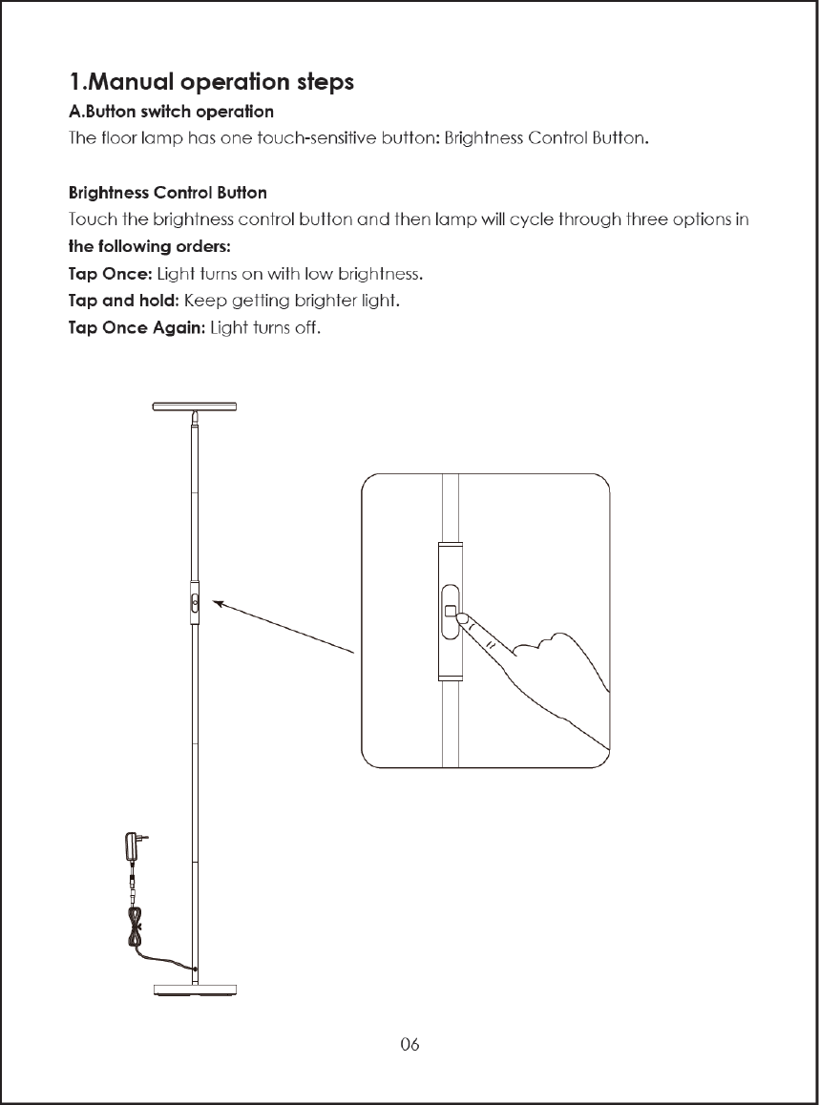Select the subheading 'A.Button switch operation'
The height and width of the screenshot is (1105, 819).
coord(172,114)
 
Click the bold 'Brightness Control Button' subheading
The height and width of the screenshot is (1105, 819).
coord(168,194)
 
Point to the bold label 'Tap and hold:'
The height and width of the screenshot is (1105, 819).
coord(124,302)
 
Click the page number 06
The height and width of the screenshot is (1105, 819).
coord(409,1044)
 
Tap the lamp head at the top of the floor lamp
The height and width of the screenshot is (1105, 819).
coord(196,407)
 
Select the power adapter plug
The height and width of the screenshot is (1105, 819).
coord(132,846)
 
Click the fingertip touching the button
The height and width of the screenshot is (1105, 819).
coord(464,620)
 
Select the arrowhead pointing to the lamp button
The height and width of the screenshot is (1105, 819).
coord(219,602)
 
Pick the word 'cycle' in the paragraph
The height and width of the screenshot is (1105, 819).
coord(533,220)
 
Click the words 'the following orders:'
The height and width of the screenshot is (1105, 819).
coord(149,248)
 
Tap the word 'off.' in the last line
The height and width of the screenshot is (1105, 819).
coord(310,330)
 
